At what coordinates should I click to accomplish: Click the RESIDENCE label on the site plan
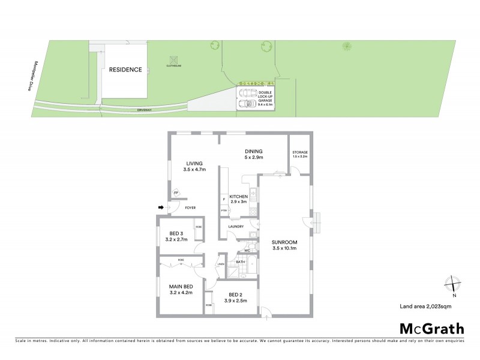125,70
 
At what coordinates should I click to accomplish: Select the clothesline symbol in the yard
173,61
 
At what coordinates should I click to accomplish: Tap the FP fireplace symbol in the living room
176,193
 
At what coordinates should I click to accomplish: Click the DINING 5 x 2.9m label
254,155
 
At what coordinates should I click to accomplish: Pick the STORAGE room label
300,154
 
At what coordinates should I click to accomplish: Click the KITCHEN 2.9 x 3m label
239,199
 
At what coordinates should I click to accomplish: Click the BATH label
240,262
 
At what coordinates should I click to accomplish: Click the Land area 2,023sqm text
425,307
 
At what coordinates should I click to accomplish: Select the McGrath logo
431,328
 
